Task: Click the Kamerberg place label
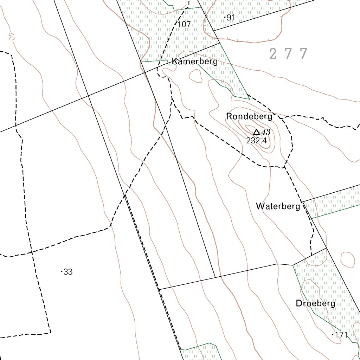[195, 62]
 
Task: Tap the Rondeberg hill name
[249, 116]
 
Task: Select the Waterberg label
[278, 206]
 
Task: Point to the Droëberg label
[316, 303]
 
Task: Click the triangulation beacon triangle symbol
[257, 132]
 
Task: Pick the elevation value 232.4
[257, 141]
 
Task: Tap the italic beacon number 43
[266, 132]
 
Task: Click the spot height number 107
[184, 25]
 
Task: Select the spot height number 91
[231, 17]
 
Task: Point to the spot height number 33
[68, 272]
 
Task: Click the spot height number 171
[341, 335]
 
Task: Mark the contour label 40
[11, 37]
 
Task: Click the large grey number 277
[289, 54]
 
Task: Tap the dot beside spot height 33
[62, 272]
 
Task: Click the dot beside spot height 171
[333, 335]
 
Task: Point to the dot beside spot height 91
[225, 17]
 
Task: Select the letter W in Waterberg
[260, 206]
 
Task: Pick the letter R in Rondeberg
[229, 116]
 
